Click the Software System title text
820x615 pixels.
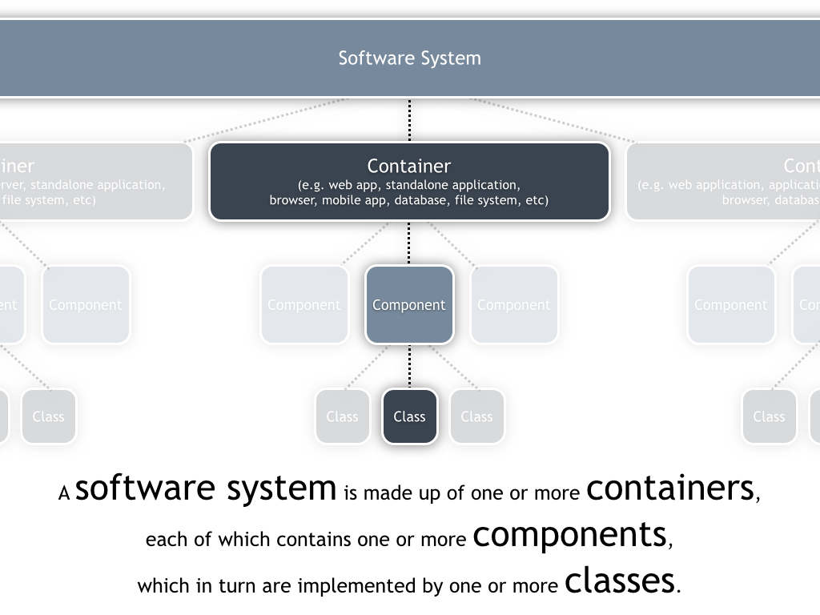pos(409,58)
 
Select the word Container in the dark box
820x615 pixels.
pos(409,166)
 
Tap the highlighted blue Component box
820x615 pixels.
pos(409,304)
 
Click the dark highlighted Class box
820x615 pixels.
pos(409,416)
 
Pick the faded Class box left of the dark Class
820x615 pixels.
pos(342,416)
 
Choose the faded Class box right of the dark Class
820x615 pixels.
pos(476,416)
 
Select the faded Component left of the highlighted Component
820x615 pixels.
pos(304,304)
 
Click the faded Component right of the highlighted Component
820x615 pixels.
pos(514,304)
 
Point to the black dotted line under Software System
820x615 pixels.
pos(409,120)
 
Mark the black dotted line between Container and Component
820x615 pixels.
pos(409,243)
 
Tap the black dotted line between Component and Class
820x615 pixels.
pos(409,366)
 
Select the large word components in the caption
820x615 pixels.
pos(569,534)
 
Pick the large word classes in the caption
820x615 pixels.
pos(619,581)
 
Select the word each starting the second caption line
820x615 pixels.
pos(162,540)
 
